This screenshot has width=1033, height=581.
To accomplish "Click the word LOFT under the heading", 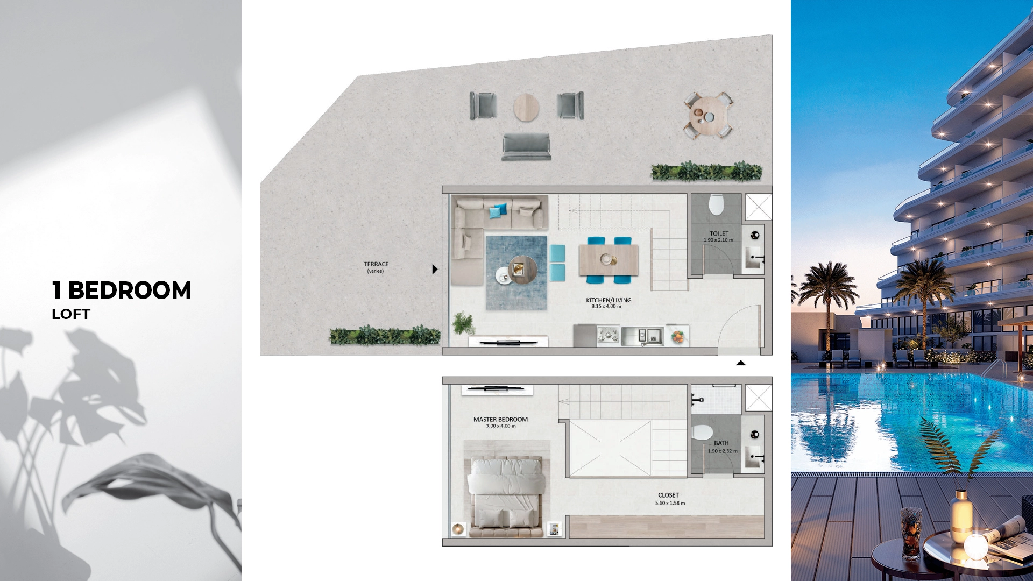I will (x=71, y=314).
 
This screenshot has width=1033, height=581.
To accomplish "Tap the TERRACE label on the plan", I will (x=376, y=264).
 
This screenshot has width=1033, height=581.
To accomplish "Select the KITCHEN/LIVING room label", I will (x=609, y=300).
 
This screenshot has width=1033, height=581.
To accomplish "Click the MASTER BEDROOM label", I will (x=500, y=420).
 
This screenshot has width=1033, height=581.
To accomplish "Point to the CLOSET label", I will (x=668, y=495).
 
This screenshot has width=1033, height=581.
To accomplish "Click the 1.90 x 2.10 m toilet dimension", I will (x=718, y=240).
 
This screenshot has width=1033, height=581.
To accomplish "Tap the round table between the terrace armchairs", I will (x=526, y=107).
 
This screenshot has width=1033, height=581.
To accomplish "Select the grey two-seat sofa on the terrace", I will (x=526, y=147).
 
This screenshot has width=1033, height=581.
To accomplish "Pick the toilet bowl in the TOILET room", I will (x=716, y=204).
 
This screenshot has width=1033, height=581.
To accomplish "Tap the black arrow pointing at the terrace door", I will (x=435, y=269).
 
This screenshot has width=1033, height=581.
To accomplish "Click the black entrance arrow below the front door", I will (x=741, y=363).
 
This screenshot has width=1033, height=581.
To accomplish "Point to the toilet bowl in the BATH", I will (x=702, y=432).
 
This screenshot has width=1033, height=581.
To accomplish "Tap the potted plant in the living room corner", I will (x=463, y=323).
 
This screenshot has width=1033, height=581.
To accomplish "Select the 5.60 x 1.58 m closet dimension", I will (x=670, y=504).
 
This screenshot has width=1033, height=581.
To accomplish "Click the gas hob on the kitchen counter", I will (x=608, y=336).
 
